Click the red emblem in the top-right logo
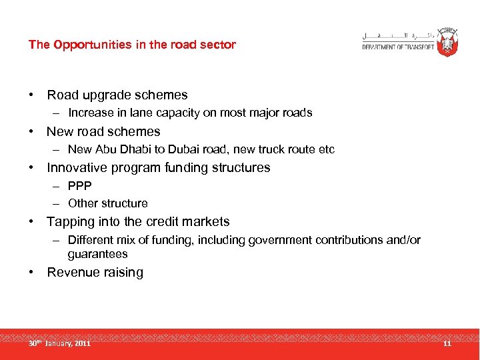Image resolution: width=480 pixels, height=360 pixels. click(446, 41)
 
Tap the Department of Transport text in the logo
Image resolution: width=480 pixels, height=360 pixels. click(398, 47)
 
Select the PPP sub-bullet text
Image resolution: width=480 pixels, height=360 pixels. click(79, 186)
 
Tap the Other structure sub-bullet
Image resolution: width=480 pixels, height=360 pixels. click(107, 203)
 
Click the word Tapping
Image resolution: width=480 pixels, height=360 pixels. click(71, 222)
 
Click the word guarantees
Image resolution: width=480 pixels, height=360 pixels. click(97, 254)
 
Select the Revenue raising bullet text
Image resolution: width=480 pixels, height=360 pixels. click(95, 273)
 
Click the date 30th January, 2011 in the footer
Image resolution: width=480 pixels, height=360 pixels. click(59, 343)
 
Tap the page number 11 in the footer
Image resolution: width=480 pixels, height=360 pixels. click(447, 343)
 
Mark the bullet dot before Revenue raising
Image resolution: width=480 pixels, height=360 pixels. click(31, 273)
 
